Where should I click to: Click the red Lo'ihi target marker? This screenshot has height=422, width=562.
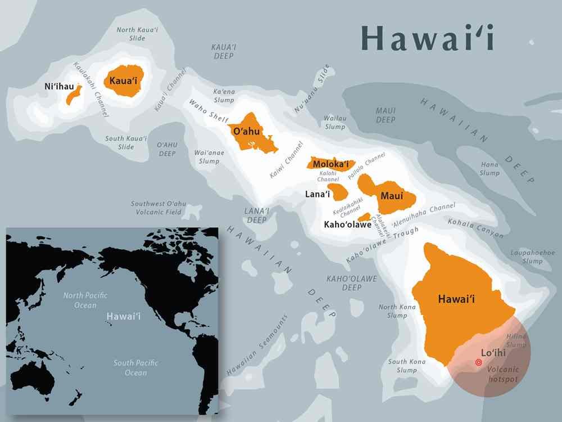(x=478, y=363)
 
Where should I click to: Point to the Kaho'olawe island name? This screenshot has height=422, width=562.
(x=347, y=225)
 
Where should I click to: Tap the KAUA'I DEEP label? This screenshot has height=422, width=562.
(x=224, y=52)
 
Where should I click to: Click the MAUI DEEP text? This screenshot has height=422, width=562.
(x=386, y=115)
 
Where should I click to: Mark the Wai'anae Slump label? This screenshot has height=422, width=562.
(x=207, y=156)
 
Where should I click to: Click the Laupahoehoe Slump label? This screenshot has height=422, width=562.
(x=532, y=257)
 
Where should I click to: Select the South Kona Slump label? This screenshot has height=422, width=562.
(x=407, y=366)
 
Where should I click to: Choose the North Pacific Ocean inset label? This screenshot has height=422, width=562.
(x=85, y=300)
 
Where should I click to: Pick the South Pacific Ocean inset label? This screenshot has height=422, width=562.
(x=135, y=367)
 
